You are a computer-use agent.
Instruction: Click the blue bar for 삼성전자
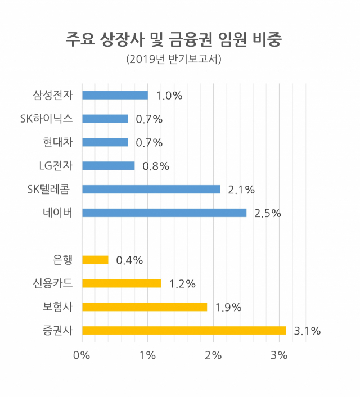tap(115, 95)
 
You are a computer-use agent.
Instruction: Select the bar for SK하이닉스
tap(105, 119)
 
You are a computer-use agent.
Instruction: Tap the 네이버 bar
tap(164, 213)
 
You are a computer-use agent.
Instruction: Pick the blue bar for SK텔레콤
tap(151, 190)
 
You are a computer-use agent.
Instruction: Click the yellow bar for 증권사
tap(184, 331)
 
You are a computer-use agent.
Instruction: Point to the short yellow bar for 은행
tap(95, 260)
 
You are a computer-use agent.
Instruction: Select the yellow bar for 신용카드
tap(121, 283)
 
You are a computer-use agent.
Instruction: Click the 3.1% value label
tap(307, 331)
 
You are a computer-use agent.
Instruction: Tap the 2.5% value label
tap(268, 214)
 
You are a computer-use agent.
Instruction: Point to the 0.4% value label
tap(129, 260)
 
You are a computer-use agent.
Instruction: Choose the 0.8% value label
tap(156, 166)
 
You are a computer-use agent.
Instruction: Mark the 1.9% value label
tap(228, 308)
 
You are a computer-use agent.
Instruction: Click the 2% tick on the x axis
tap(213, 355)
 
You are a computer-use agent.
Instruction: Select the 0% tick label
tap(82, 355)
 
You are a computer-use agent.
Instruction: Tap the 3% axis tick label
tap(279, 355)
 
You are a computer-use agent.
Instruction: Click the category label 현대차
tap(58, 142)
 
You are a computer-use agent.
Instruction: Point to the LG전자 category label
tap(56, 165)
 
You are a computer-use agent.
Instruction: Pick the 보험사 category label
tap(57, 307)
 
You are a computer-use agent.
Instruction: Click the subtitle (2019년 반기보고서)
tap(174, 59)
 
